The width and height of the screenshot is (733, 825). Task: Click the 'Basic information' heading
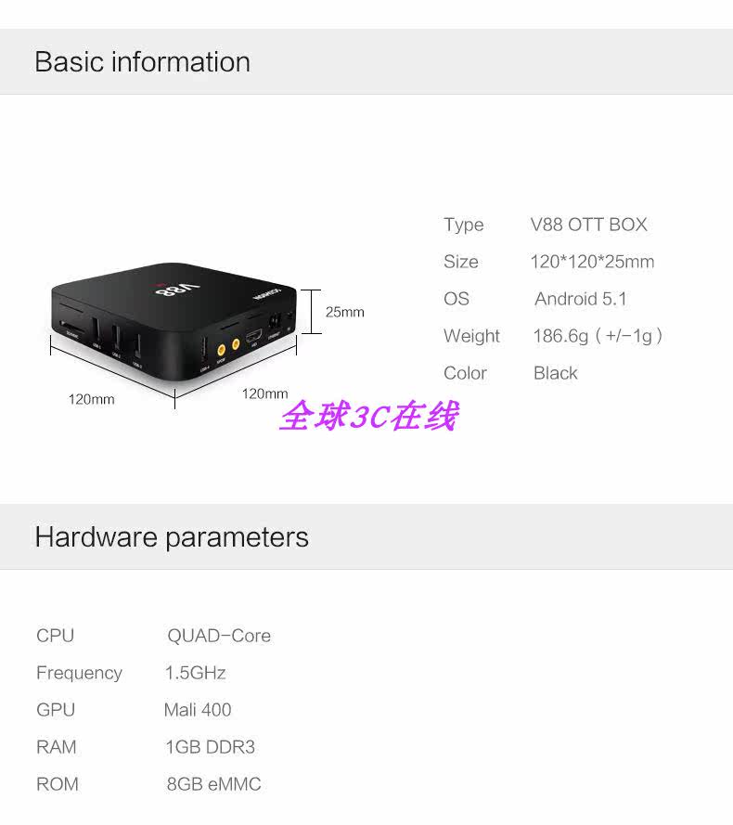point(142,62)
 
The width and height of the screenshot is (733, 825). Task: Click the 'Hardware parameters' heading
point(172,537)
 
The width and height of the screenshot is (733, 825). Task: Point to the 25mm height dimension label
point(344,312)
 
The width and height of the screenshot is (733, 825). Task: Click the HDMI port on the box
point(254,331)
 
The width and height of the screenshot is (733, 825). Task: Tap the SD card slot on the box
point(71,327)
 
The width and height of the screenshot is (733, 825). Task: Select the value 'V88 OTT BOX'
point(588,225)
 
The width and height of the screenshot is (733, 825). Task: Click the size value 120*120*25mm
point(592,262)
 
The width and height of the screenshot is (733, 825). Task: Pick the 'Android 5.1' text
point(581,299)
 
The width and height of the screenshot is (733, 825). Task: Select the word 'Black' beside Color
point(555,373)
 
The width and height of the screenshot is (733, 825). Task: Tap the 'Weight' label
point(471,336)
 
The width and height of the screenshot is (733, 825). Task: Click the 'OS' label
point(457,299)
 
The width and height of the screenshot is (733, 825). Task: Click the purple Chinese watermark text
point(368,417)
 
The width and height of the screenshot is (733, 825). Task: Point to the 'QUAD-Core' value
point(219,636)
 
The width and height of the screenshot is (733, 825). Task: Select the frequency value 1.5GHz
point(195,673)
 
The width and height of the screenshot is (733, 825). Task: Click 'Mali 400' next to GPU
point(198,710)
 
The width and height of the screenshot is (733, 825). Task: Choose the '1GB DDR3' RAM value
point(210,747)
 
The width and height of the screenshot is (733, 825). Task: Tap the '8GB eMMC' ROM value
point(213,784)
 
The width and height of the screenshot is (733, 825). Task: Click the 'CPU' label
point(55,636)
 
